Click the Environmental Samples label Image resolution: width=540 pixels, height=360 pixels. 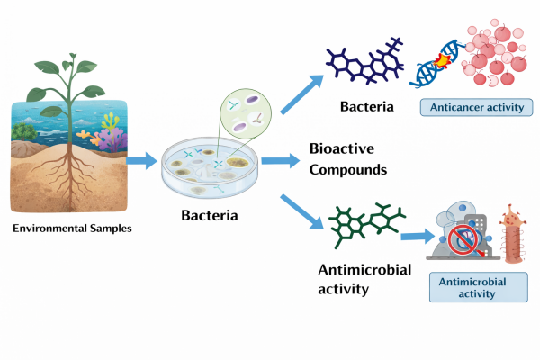pos(72,229)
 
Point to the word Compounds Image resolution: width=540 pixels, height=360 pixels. pos(347,169)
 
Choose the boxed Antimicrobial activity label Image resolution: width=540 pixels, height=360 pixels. pos(472,287)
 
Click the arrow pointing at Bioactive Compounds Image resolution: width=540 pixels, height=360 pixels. pos(283,161)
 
